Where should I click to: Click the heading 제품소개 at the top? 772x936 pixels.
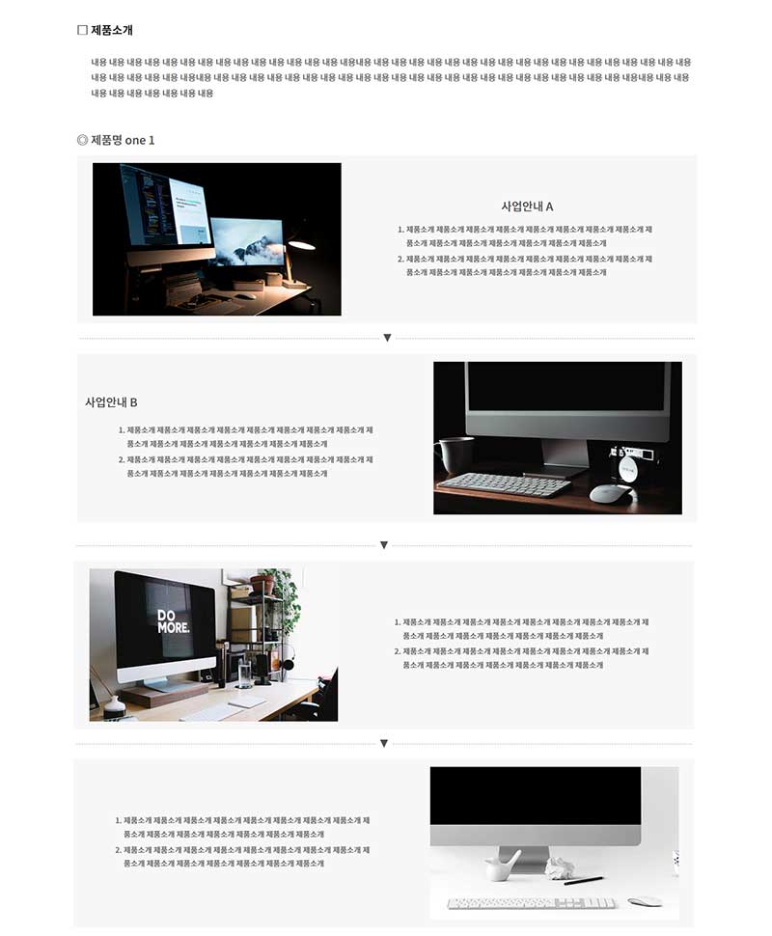coord(112,30)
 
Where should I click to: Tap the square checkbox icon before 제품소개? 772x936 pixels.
coord(82,30)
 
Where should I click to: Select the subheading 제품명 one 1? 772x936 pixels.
coord(123,140)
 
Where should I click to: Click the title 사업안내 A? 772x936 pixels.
coord(527,206)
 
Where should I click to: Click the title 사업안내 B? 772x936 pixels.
coord(111,402)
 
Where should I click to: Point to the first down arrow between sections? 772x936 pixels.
coord(387,338)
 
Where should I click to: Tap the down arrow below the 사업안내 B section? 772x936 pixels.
coord(384,545)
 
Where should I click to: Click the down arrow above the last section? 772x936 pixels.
coord(384,743)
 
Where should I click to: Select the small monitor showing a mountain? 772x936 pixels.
coord(247,240)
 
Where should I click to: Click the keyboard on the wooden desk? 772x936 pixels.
coord(506,483)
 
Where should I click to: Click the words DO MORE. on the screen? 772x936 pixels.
coord(174,621)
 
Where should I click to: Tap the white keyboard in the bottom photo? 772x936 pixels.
coord(532,903)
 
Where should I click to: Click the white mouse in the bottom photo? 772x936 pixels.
coord(645,901)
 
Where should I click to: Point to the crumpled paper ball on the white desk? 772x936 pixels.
coord(559,867)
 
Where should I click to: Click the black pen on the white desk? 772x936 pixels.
coord(584,880)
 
